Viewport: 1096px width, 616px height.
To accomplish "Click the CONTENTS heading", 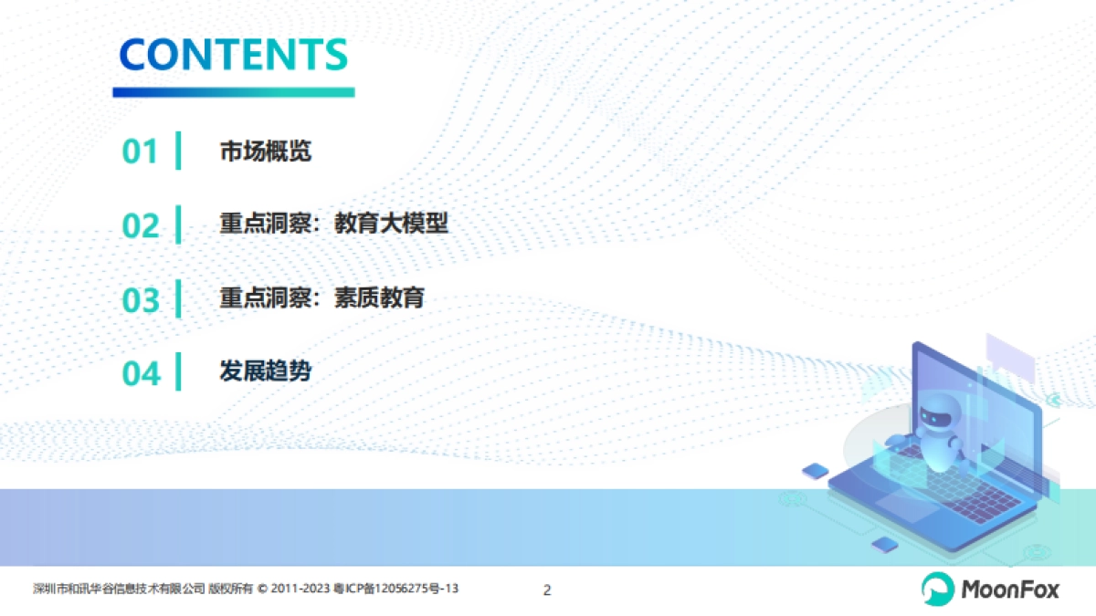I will [x=234, y=55].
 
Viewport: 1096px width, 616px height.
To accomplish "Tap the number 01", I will [x=141, y=151].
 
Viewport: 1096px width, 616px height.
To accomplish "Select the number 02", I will [x=141, y=225].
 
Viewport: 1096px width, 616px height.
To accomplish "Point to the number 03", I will [x=141, y=300].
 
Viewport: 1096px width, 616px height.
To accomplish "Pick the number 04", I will [x=141, y=373].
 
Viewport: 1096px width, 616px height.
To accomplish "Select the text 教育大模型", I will [x=392, y=224].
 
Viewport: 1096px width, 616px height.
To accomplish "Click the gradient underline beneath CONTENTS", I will [x=234, y=92].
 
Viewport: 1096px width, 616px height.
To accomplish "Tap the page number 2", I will [x=547, y=590].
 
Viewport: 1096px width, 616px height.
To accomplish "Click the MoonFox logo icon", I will [x=937, y=590].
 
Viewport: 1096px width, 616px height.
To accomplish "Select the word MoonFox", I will [x=1009, y=590].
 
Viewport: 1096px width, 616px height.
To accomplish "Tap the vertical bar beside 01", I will [x=178, y=151].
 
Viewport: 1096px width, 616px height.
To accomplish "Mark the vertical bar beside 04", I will [x=178, y=371].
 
